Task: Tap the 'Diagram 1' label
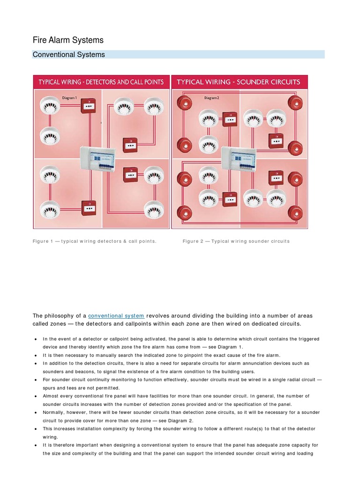tap(69, 98)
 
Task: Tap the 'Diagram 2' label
tap(211, 98)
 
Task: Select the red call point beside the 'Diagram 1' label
tap(88, 106)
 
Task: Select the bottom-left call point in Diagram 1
tap(88, 208)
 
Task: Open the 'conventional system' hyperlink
tap(116, 316)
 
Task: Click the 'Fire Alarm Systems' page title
tap(68, 40)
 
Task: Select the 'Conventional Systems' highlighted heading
tap(69, 55)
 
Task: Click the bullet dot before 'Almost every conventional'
tap(36, 396)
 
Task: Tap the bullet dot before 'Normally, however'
tap(36, 412)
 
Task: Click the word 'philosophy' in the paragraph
tap(63, 316)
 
